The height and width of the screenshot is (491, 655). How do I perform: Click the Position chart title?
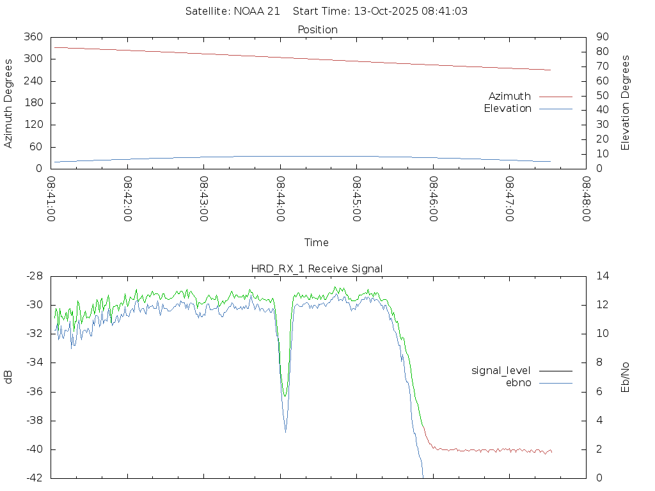click(317, 29)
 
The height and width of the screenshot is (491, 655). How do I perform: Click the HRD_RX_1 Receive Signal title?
click(317, 269)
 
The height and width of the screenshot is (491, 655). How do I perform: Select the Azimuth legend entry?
click(510, 96)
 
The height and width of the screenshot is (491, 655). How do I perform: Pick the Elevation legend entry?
click(507, 109)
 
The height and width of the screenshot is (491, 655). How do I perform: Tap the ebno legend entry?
click(518, 382)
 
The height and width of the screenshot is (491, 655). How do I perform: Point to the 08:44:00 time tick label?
click(280, 199)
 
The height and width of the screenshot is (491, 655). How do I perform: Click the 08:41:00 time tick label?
click(51, 199)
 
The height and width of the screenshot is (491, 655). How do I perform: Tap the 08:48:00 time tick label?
click(586, 199)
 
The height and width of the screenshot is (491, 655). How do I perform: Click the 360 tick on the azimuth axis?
click(33, 37)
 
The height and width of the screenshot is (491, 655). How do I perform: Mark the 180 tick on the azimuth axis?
click(33, 103)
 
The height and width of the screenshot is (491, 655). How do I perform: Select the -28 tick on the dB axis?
click(33, 276)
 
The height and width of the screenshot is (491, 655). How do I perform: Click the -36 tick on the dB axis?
click(33, 392)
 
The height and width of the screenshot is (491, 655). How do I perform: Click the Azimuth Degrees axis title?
click(8, 103)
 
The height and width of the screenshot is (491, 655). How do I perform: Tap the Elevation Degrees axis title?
click(626, 103)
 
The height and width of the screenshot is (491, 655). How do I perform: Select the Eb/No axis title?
click(626, 377)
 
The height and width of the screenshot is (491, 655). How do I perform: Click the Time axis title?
click(317, 242)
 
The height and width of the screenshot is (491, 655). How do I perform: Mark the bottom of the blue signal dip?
click(285, 432)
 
